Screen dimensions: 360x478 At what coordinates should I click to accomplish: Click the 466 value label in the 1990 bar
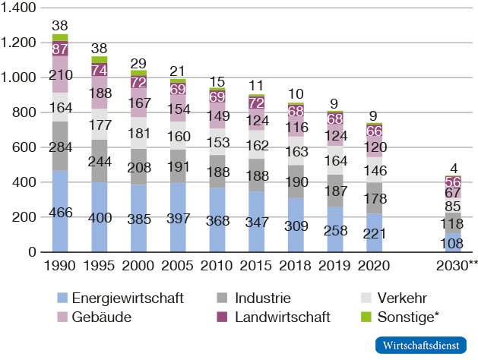[x=59, y=212]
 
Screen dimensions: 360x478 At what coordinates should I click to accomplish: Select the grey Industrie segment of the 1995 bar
[x=99, y=160]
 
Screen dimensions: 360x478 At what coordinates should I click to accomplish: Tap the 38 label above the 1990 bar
[x=59, y=24]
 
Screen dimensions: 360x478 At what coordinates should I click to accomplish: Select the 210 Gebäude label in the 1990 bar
[x=59, y=75]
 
